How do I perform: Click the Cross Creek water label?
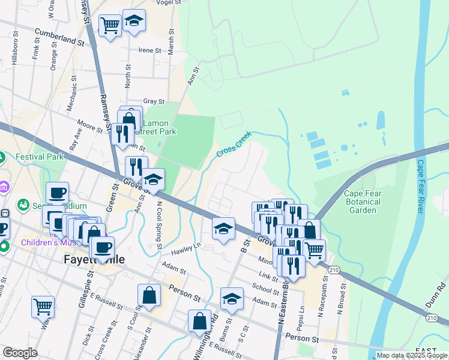coord(233,146)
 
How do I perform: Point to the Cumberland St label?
coord(59,37)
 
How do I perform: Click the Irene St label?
coord(151,50)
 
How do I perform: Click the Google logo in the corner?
coord(20,353)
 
